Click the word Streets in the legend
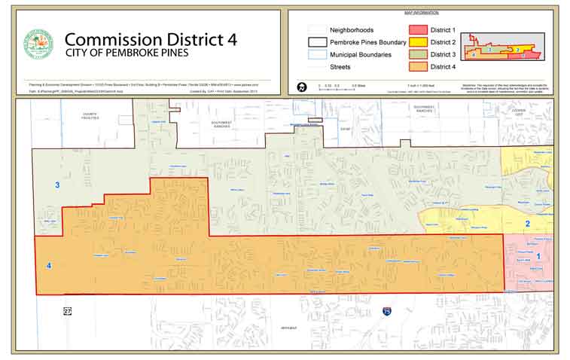click(x=340, y=68)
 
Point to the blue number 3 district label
click(x=56, y=185)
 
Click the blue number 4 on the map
click(x=49, y=266)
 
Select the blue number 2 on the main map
click(x=527, y=224)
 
